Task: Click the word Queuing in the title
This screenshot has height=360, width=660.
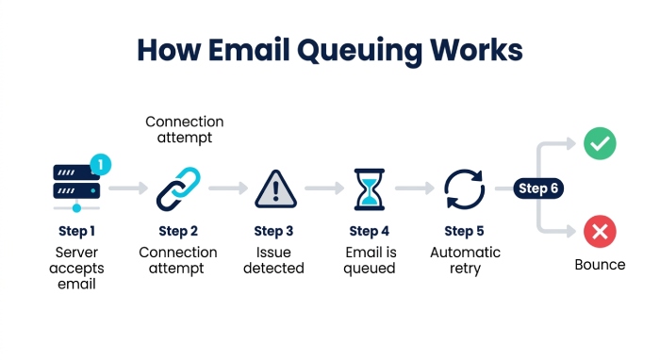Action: click(359, 51)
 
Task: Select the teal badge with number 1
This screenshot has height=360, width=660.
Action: click(101, 164)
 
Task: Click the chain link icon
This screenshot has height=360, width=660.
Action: click(178, 188)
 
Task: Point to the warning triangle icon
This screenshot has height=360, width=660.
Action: click(275, 189)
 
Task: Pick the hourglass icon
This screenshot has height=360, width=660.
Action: click(370, 189)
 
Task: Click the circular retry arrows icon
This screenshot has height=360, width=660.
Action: click(464, 189)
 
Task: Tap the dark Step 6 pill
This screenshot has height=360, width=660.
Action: click(538, 188)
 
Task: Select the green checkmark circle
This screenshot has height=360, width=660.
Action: click(600, 143)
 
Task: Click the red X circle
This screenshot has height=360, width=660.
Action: click(600, 231)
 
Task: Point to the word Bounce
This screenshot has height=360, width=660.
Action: click(600, 265)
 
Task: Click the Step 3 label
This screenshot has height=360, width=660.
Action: click(273, 231)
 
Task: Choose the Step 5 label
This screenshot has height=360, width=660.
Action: click(464, 231)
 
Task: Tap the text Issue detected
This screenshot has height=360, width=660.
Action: click(273, 260)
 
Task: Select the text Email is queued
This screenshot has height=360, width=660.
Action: click(370, 260)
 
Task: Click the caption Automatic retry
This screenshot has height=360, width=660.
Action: click(465, 260)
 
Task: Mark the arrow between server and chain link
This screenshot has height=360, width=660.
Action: click(128, 188)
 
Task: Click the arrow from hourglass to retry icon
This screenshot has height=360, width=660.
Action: click(415, 188)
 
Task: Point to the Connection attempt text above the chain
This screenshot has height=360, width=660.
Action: click(185, 129)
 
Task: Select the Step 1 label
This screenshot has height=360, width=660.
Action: click(76, 231)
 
